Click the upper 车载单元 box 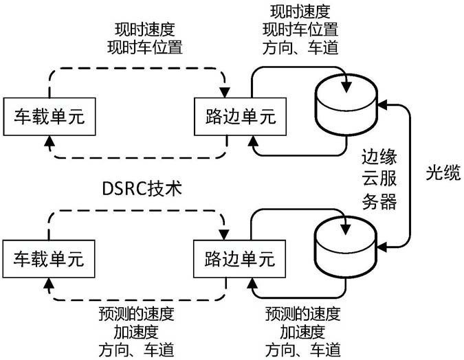(x=47, y=116)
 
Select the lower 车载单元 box (x=47, y=259)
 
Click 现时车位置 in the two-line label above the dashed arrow (x=150, y=47)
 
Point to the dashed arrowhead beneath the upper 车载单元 (x=47, y=141)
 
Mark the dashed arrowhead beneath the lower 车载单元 (x=47, y=283)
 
